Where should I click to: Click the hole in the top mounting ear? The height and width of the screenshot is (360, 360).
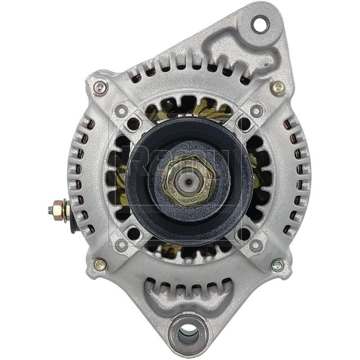click(x=260, y=24)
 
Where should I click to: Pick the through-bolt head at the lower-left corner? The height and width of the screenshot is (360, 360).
click(x=100, y=265)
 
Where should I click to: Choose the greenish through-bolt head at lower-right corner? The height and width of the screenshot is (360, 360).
click(x=278, y=265)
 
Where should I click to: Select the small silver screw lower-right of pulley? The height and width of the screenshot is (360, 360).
click(x=256, y=245)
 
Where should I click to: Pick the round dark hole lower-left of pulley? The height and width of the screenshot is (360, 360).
click(x=134, y=233)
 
